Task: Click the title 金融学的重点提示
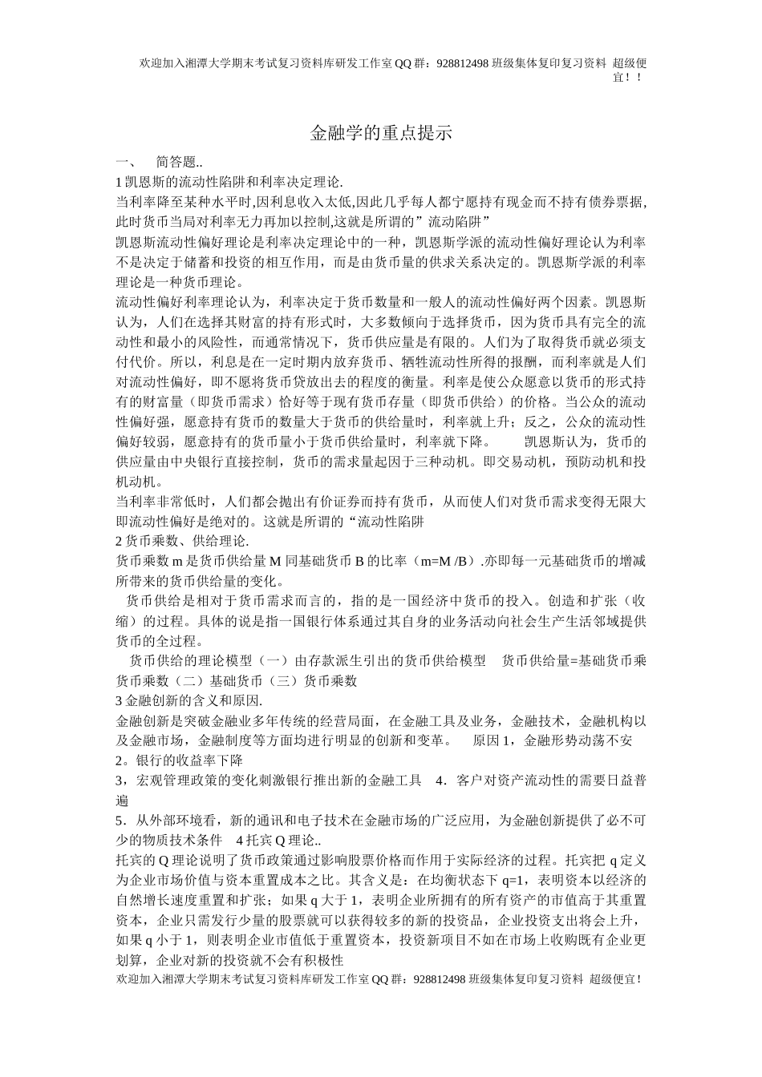point(381,133)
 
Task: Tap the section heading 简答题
point(175,161)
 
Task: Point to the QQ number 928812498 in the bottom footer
point(440,979)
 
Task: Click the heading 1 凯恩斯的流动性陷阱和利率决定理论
point(229,181)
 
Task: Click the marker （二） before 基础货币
point(189,681)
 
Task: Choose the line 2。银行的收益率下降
point(180,760)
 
